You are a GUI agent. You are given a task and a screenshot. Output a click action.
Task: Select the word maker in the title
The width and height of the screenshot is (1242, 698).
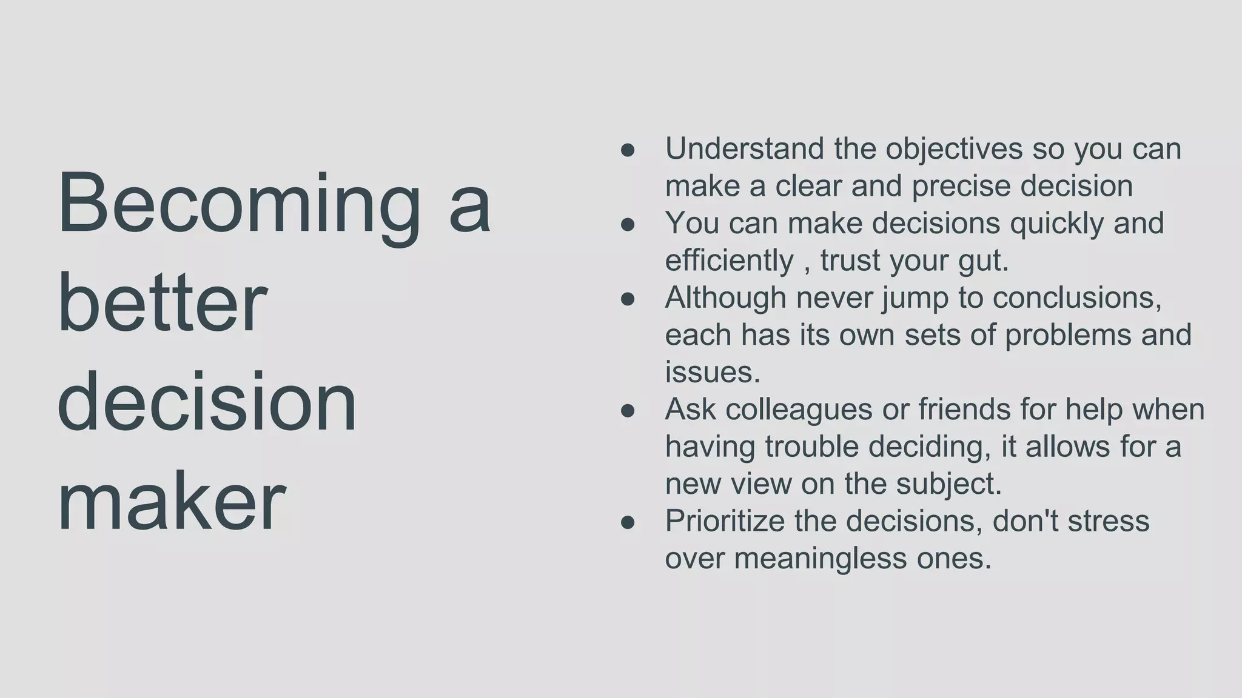(x=171, y=503)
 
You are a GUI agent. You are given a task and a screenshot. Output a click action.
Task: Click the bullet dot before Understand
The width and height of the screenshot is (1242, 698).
(x=628, y=150)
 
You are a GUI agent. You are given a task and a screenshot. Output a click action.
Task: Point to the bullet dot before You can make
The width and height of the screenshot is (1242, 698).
(x=628, y=225)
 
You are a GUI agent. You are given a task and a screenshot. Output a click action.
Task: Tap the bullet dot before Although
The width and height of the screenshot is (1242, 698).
(x=628, y=299)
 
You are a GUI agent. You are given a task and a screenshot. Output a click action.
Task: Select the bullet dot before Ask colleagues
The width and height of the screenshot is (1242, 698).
(x=628, y=411)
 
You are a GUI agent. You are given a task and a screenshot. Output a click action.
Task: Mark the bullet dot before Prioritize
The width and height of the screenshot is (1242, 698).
(x=628, y=522)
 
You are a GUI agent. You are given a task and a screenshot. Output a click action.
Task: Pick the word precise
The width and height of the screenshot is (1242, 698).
(x=961, y=186)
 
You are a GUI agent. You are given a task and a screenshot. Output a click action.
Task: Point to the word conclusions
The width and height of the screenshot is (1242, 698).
(x=1077, y=297)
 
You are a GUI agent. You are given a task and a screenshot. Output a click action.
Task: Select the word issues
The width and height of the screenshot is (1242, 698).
(x=712, y=372)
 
